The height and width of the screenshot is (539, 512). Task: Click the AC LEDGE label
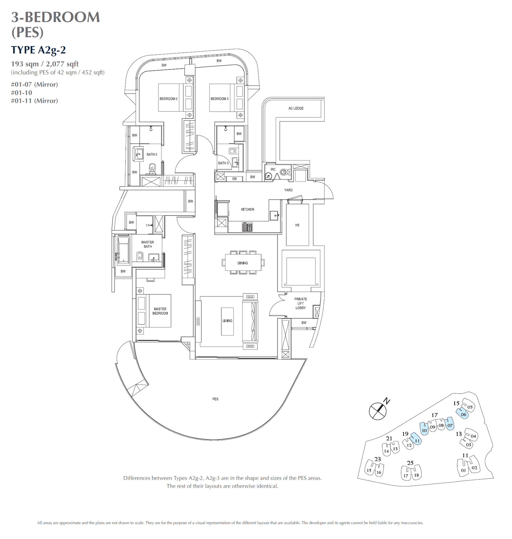296,108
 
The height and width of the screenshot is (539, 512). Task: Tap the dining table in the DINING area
243,263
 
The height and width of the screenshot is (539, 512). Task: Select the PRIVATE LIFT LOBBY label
300,303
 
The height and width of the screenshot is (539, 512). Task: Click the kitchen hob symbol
247,227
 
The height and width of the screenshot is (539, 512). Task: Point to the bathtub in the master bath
124,250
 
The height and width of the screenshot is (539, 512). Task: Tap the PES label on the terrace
215,399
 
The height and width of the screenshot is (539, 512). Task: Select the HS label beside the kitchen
297,225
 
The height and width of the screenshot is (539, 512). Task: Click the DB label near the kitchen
235,179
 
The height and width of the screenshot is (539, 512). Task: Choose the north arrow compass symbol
378,411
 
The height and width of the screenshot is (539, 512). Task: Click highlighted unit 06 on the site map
463,415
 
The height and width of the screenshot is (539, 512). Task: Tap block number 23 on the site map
378,459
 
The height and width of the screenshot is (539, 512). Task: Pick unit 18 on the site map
416,475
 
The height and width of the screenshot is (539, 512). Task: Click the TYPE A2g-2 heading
38,50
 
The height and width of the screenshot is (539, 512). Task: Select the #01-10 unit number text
21,93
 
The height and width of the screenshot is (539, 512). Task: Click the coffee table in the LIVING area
227,321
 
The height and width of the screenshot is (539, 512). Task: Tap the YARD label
288,190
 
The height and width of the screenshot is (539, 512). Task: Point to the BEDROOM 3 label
220,99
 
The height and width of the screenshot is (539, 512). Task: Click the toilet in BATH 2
152,167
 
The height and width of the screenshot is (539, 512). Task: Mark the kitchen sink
274,216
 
